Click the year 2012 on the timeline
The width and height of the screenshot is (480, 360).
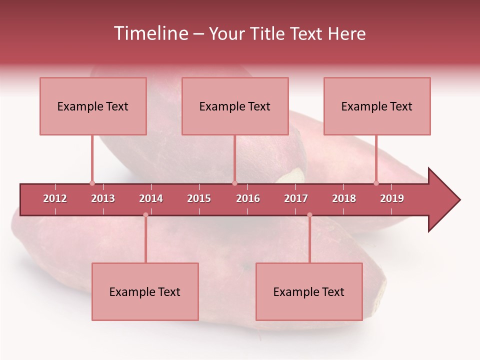coord(55,198)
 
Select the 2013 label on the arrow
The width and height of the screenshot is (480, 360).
coord(103,198)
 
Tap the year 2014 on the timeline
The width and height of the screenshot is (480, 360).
coord(151,198)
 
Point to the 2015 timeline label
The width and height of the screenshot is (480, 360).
coord(199,198)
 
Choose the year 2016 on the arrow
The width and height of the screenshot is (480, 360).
coord(248,198)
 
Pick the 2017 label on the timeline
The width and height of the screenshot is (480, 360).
coord(296,198)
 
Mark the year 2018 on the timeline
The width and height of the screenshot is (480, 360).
coord(344,198)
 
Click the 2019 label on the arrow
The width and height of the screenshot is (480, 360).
coord(392,198)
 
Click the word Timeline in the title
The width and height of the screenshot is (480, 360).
coord(150,33)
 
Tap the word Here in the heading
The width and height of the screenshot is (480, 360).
coord(346,33)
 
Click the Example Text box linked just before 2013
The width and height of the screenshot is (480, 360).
coord(93,106)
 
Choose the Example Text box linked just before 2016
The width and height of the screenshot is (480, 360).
coord(235,106)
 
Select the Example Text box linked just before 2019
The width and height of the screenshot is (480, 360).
coord(377,106)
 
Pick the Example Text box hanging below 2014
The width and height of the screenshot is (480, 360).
coord(145,291)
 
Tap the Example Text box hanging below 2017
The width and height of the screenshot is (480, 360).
coord(309,291)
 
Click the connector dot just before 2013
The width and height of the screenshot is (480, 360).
coord(92,183)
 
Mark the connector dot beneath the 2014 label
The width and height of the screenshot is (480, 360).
coord(145,215)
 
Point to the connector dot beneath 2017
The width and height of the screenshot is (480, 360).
coord(309,215)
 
